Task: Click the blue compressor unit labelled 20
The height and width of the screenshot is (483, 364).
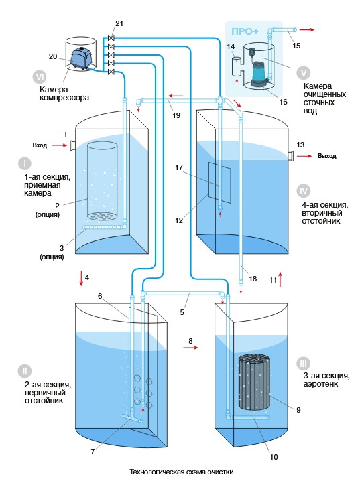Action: coord(80,58)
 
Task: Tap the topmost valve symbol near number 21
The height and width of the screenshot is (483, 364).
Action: coord(111,38)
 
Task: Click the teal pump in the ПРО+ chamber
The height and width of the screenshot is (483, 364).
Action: coord(259,74)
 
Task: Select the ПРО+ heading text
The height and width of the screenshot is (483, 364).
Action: coord(245,31)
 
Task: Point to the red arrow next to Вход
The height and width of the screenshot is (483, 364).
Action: coord(60,145)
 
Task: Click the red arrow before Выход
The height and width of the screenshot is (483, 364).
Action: coord(304,157)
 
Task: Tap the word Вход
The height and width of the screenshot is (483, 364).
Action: coord(40,145)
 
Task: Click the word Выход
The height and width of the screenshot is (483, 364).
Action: coord(327,156)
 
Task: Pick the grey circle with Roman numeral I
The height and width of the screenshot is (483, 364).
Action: coord(25,163)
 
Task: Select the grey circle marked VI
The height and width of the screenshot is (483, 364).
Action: coord(40,77)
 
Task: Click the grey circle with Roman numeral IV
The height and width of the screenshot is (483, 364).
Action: coord(304,191)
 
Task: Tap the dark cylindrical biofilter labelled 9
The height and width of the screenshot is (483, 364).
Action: coord(255,382)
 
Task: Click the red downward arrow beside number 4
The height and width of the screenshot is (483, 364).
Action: coord(81,279)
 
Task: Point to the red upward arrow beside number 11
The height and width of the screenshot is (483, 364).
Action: coord(280,279)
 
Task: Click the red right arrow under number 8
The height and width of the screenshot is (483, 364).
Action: coord(191,348)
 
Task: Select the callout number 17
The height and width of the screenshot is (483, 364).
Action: coord(179,167)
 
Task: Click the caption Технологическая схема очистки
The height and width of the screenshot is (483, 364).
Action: coord(182,472)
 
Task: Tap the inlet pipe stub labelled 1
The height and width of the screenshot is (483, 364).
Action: coord(73,145)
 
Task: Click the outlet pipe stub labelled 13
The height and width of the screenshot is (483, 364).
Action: coord(291,156)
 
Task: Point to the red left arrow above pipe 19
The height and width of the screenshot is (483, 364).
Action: coord(176,96)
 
